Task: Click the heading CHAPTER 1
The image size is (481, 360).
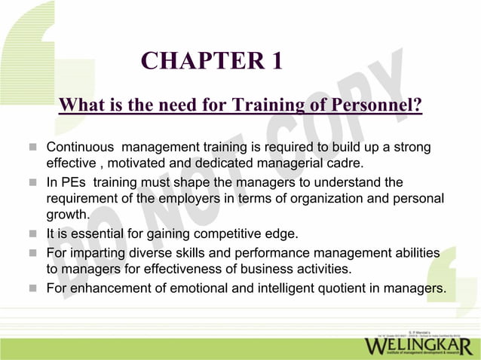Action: [212, 60]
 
